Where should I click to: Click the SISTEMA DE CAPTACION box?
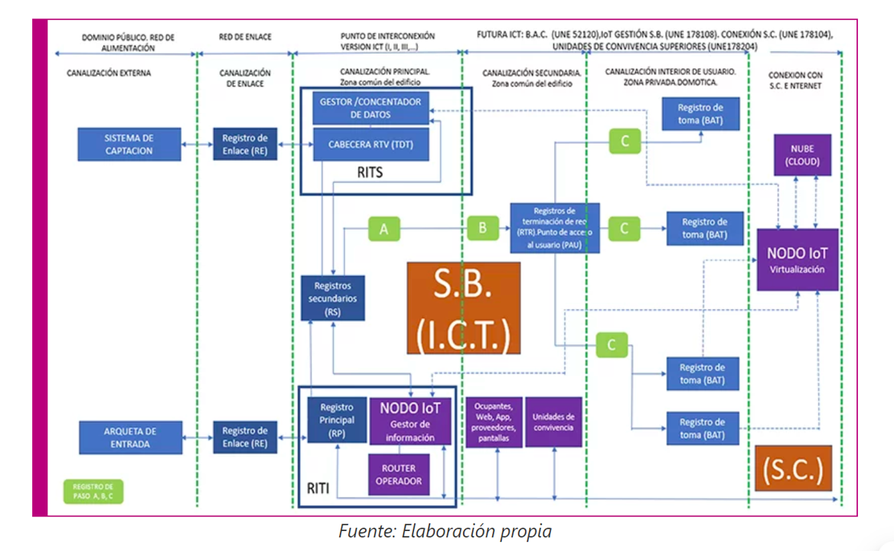(x=129, y=144)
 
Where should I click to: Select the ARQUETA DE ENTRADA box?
(x=130, y=437)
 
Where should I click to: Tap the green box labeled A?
(x=383, y=229)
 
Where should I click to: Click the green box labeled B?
(x=482, y=228)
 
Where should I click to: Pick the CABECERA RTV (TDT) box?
(x=370, y=145)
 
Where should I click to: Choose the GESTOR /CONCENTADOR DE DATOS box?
(x=370, y=108)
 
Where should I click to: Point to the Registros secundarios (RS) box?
(x=332, y=298)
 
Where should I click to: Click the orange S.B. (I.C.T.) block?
(x=463, y=308)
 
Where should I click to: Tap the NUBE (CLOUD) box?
(x=801, y=155)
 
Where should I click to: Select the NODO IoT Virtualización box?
(x=798, y=259)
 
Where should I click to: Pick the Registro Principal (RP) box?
(x=337, y=420)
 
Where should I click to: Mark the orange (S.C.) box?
(x=792, y=468)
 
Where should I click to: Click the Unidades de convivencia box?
(x=553, y=422)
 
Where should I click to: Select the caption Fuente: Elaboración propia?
(x=445, y=531)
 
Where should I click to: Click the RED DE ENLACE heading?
(x=245, y=37)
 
